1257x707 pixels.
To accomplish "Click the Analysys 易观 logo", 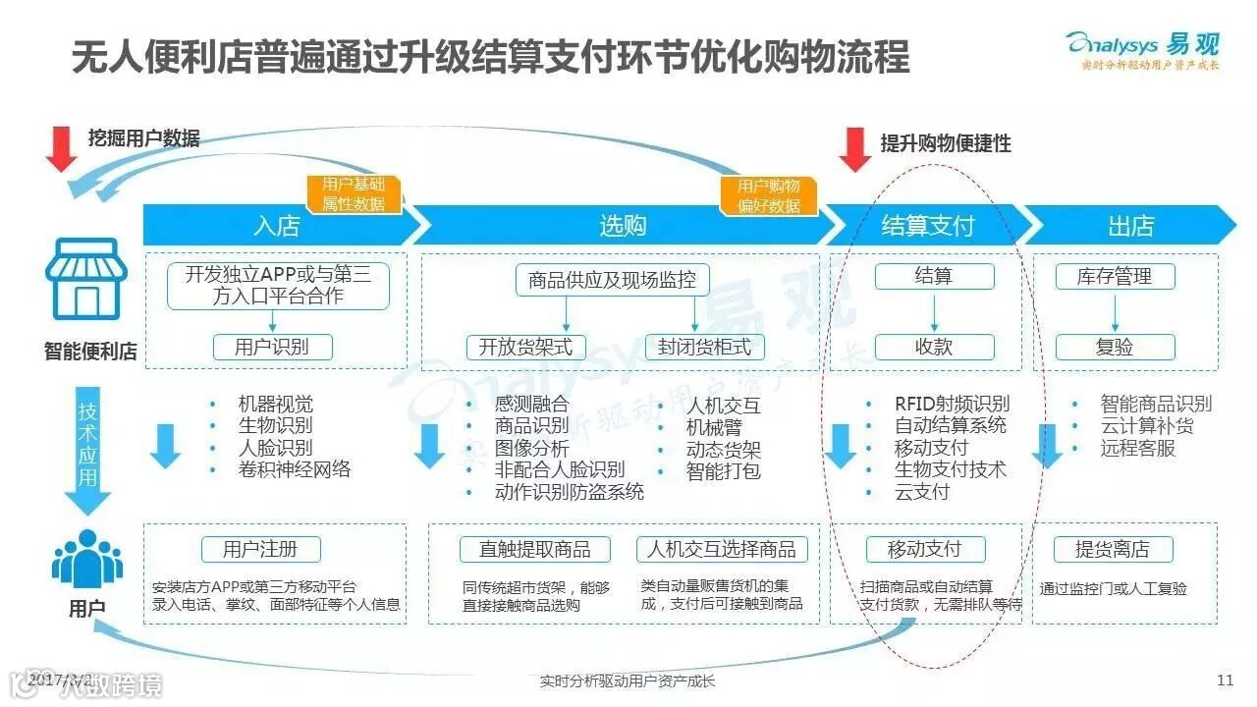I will [1142, 48].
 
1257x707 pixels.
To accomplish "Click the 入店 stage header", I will [277, 226].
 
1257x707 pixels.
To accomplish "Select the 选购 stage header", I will [623, 226].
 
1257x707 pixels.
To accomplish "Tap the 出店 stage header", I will [1129, 226].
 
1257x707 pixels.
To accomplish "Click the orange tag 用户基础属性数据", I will [354, 194].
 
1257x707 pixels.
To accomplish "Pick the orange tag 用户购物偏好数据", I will [768, 194].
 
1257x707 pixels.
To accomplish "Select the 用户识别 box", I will [272, 347].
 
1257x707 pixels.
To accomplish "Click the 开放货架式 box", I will [525, 347].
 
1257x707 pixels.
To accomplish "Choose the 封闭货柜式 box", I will [704, 347].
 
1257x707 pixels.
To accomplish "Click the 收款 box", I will [934, 347].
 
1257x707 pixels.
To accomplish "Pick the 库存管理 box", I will [1115, 277].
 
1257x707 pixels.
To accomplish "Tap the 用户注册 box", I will [261, 549].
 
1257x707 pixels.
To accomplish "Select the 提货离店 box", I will [1112, 549].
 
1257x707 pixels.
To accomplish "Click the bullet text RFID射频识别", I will [952, 404].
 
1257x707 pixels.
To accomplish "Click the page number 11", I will [1224, 680].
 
